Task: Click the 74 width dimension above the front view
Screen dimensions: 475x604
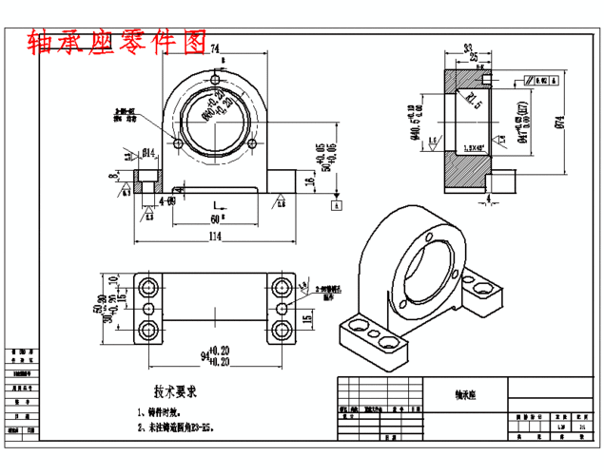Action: click(x=215, y=48)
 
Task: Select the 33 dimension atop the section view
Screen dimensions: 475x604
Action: click(x=467, y=47)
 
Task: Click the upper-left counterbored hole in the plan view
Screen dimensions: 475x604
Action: click(x=148, y=287)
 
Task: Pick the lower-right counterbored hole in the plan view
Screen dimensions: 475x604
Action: click(x=283, y=330)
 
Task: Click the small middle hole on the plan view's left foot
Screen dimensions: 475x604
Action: click(x=148, y=309)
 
